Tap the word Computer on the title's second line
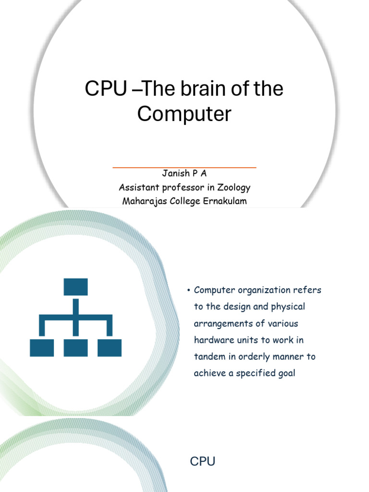click(x=184, y=114)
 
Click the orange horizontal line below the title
click(x=184, y=167)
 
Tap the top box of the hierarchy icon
click(x=75, y=287)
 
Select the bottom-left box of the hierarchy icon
click(x=42, y=348)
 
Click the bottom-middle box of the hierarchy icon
click(x=75, y=348)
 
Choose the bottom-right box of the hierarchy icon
click(x=110, y=348)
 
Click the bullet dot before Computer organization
click(x=189, y=291)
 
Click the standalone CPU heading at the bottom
click(x=202, y=462)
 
